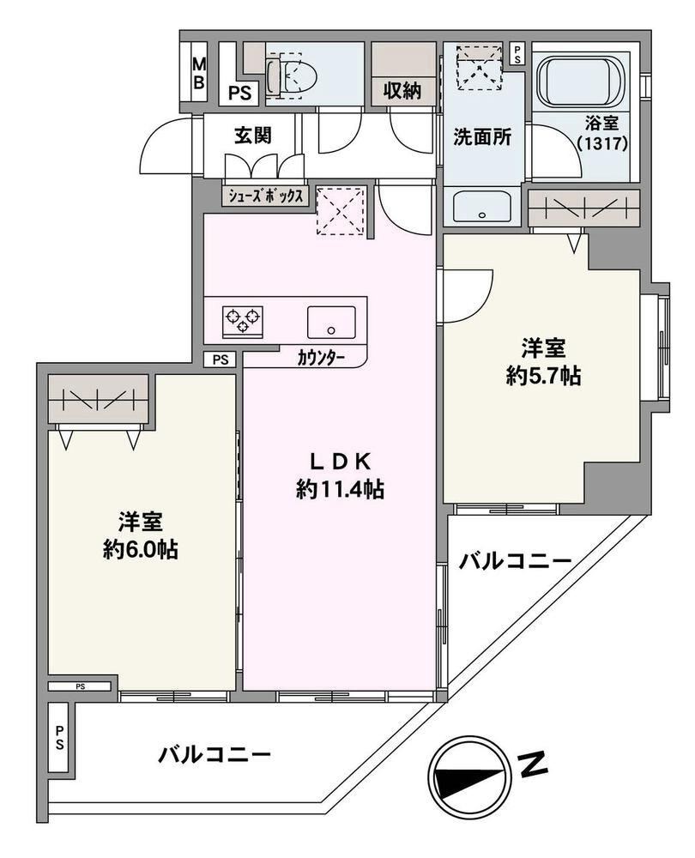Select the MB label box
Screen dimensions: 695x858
(x=199, y=73)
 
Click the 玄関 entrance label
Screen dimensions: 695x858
(x=253, y=136)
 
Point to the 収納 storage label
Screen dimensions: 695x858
(x=402, y=91)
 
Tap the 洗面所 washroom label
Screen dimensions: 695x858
(x=482, y=136)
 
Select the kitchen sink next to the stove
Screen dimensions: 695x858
(x=330, y=322)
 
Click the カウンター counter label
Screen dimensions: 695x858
(x=321, y=359)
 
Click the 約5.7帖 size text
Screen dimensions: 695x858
(x=543, y=376)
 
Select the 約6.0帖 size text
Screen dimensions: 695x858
(x=141, y=549)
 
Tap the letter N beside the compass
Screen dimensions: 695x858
(x=533, y=765)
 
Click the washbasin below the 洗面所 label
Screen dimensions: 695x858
(x=482, y=207)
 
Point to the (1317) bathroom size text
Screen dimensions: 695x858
(x=601, y=143)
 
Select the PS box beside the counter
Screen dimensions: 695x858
(x=220, y=360)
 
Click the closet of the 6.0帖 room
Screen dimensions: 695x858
(x=99, y=399)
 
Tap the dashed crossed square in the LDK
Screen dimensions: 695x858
(x=341, y=211)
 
